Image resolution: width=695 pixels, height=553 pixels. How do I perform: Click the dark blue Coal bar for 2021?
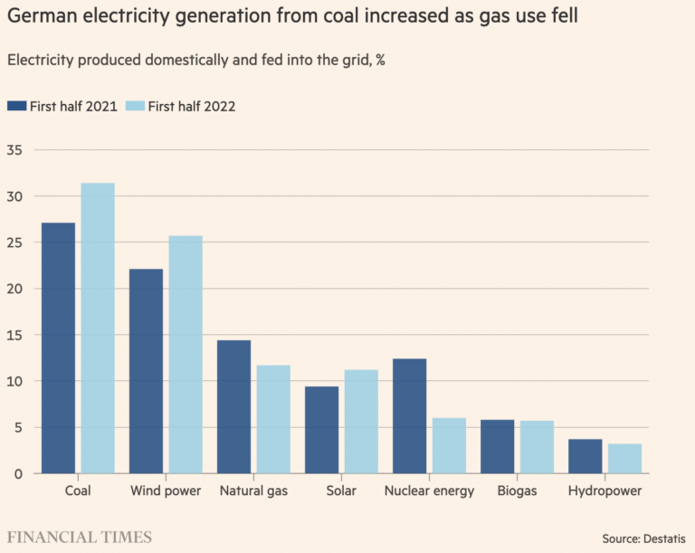[58, 348]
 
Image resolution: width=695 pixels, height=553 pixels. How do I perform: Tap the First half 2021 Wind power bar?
[146, 371]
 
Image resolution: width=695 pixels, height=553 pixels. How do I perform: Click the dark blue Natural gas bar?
[233, 406]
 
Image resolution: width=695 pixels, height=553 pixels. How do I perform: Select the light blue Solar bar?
[361, 422]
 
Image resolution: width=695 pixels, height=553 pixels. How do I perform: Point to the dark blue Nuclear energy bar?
[409, 416]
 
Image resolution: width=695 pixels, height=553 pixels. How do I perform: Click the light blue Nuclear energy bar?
[449, 445]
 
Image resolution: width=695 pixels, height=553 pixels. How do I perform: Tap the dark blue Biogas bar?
[497, 446]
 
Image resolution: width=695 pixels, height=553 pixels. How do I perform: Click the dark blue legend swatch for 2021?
[15, 106]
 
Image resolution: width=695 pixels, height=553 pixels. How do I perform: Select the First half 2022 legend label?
[193, 106]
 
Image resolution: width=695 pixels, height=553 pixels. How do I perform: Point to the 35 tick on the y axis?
[16, 150]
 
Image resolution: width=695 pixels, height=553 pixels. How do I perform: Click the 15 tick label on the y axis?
[16, 335]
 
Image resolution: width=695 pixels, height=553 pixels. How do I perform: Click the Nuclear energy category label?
[428, 491]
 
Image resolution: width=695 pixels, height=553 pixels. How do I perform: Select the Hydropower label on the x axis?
[605, 491]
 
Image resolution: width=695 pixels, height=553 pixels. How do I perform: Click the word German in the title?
[42, 19]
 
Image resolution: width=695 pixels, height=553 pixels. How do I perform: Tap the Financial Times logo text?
[80, 538]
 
